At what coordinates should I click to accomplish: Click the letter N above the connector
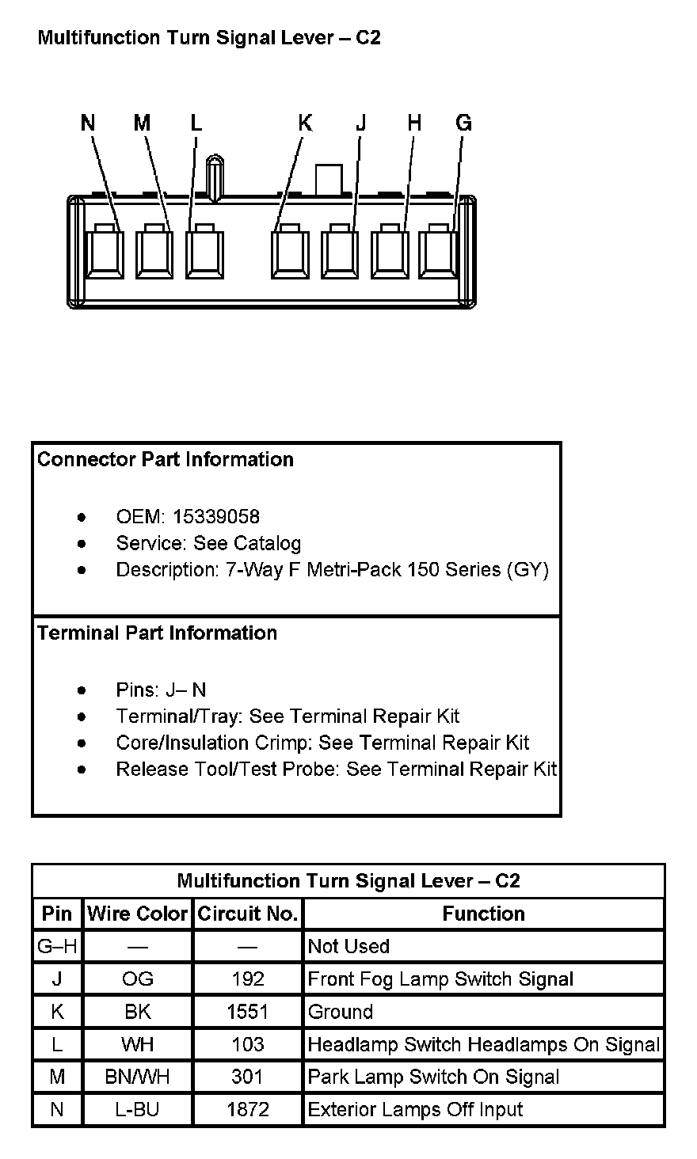pyautogui.click(x=88, y=123)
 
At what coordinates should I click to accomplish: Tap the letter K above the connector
pyautogui.click(x=305, y=123)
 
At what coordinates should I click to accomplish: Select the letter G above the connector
pyautogui.click(x=464, y=123)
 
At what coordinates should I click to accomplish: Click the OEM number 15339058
pyautogui.click(x=216, y=517)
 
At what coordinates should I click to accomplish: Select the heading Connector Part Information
pyautogui.click(x=166, y=460)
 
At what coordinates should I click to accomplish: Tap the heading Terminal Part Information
pyautogui.click(x=158, y=633)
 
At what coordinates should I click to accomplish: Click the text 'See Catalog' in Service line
pyautogui.click(x=247, y=544)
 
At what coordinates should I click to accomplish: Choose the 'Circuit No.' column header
pyautogui.click(x=248, y=914)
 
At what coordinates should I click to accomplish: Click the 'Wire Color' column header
pyautogui.click(x=138, y=914)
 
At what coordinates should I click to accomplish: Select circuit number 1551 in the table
pyautogui.click(x=248, y=1012)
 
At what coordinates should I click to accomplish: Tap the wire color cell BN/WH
pyautogui.click(x=138, y=1077)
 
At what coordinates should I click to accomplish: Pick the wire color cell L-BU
pyautogui.click(x=138, y=1110)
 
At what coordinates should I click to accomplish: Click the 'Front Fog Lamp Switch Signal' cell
pyautogui.click(x=440, y=979)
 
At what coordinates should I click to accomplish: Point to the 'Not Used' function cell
pyautogui.click(x=348, y=947)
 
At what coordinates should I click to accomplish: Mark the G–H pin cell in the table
pyautogui.click(x=57, y=947)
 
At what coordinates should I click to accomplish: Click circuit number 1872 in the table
pyautogui.click(x=248, y=1110)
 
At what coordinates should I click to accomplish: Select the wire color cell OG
pyautogui.click(x=138, y=979)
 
